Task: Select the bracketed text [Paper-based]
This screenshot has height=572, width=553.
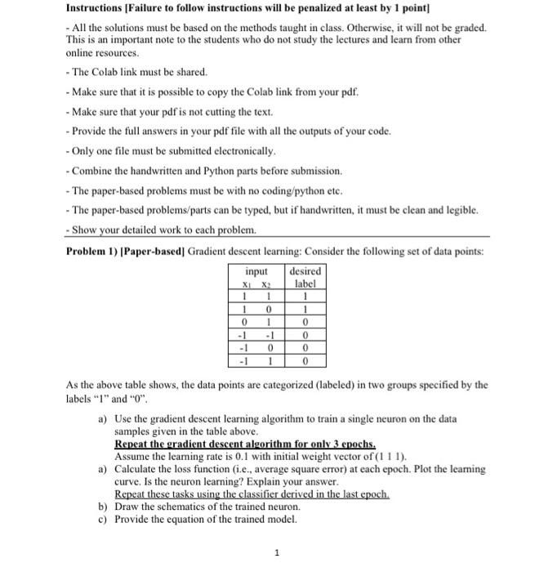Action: coord(157,251)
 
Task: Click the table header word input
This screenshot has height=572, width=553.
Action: coord(256,270)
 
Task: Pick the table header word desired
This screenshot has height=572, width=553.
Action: coord(305,270)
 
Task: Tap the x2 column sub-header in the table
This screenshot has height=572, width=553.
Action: coord(265,284)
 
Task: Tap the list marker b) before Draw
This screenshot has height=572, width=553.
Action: coord(103,507)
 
